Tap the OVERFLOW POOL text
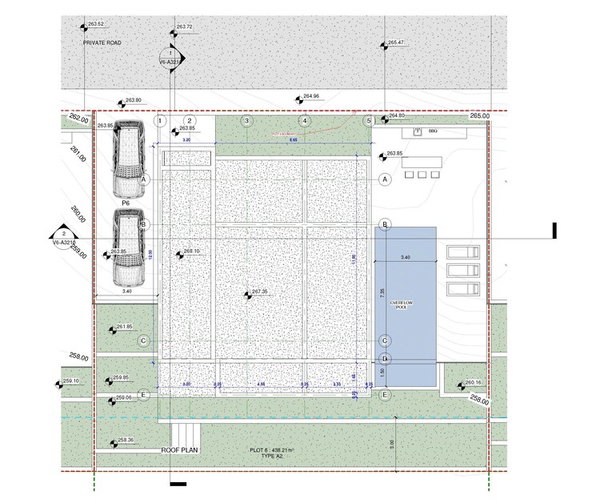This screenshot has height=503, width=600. point(401,304)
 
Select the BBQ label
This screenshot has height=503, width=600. point(433,131)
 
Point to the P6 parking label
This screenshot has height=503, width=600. point(126,203)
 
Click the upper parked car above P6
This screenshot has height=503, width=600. point(128,159)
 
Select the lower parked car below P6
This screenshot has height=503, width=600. point(128,247)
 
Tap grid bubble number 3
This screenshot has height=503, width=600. point(247,121)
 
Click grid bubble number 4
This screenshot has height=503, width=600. point(304,121)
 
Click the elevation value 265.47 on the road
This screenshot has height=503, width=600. point(396,42)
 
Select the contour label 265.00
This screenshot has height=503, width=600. point(479,116)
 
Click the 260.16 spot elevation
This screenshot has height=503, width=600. point(473,383)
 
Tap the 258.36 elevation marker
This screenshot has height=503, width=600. point(125,440)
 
